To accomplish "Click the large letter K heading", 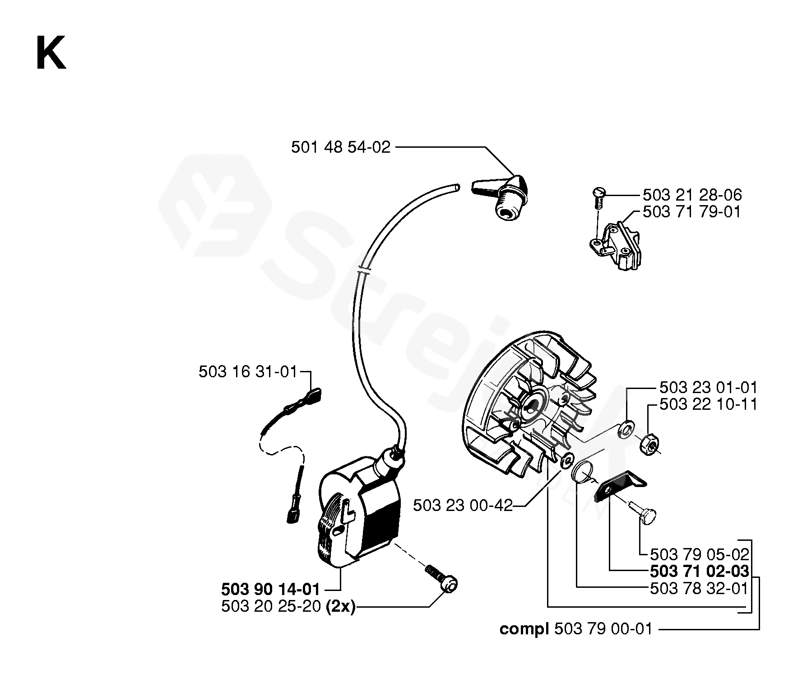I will (51, 53).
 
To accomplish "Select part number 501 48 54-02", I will (340, 147).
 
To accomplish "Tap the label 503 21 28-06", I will (692, 195).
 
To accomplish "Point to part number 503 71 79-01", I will (692, 212).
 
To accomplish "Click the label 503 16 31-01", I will (248, 372).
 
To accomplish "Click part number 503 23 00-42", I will (463, 506).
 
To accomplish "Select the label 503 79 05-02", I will (699, 554).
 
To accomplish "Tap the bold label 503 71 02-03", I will (699, 572).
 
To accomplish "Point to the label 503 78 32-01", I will (699, 588).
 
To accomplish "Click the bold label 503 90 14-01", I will (270, 590).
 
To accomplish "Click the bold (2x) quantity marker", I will (340, 607).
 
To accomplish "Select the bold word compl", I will (524, 629).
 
